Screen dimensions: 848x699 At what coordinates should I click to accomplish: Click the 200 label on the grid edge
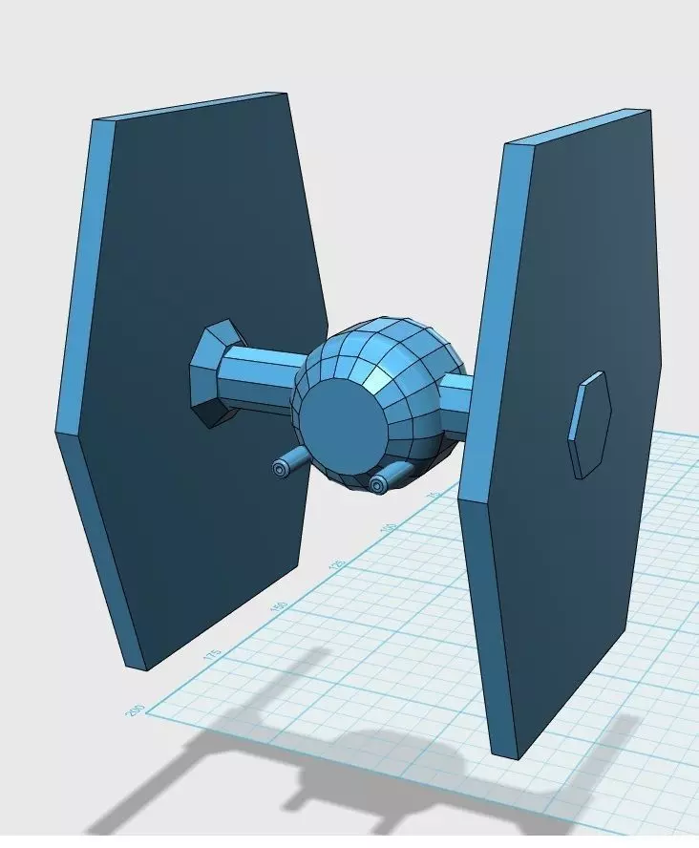[x=134, y=710]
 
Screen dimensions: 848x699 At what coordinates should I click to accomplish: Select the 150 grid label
[x=278, y=606]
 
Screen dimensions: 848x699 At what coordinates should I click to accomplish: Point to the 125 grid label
[x=336, y=564]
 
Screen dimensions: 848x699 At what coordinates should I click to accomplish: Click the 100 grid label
[x=388, y=526]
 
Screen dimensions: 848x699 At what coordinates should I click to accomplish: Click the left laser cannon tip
[x=280, y=469]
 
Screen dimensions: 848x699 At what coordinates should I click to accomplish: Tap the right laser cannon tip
[x=379, y=485]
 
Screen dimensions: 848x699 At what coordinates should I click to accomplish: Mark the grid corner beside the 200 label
[x=146, y=710]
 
